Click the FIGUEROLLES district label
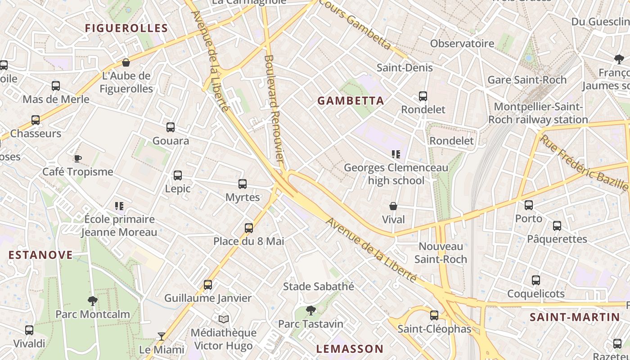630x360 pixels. coord(126,28)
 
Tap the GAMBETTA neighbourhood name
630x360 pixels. coord(351,101)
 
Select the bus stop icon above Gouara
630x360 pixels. coord(171,127)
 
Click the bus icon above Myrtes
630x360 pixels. coord(243,184)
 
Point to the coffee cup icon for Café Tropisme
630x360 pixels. coord(77,158)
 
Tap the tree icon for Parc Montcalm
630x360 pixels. coord(93,301)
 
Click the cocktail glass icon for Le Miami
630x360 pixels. coord(161,336)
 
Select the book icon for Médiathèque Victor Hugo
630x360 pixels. coord(224,319)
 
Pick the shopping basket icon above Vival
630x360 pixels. coord(393,206)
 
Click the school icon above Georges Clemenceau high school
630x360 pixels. coord(396,154)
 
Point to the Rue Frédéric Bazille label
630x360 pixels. coord(584,162)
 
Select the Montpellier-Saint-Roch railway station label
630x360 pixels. coord(538,113)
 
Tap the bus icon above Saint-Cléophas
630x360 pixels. coord(434,315)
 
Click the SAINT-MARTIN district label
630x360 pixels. coord(575,317)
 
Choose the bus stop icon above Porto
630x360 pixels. coord(529,205)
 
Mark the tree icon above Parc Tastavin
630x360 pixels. coord(310,310)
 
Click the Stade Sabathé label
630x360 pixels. coord(319,286)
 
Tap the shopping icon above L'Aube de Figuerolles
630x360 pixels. coord(126,63)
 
